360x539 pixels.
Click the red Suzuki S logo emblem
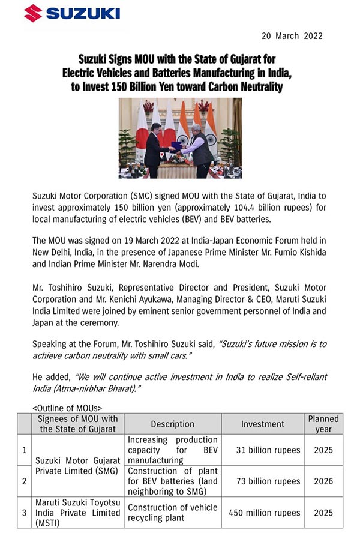[33, 13]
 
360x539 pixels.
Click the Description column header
[172, 424]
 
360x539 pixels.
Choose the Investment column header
[262, 424]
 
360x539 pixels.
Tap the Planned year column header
[323, 424]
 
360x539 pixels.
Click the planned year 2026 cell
[323, 481]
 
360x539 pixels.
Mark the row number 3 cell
[24, 513]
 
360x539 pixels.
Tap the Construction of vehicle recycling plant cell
[172, 513]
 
